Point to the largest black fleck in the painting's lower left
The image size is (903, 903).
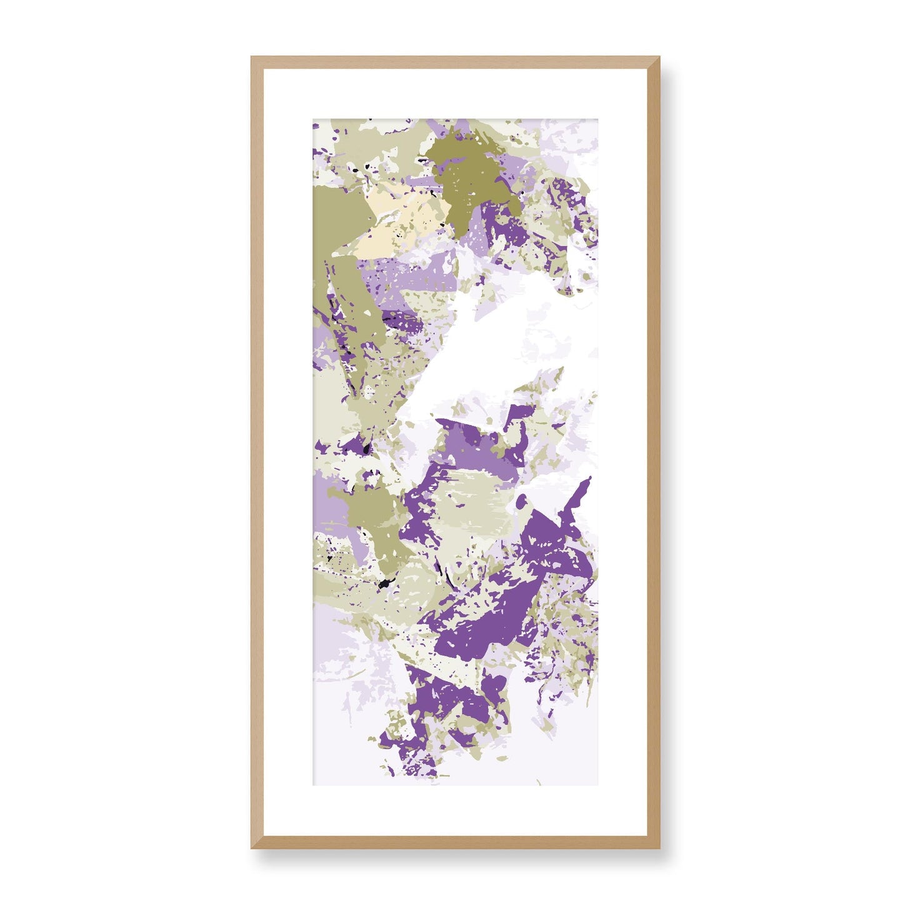click(x=383, y=584)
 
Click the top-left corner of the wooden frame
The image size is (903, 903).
click(x=252, y=57)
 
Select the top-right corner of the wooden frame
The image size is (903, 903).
click(x=660, y=57)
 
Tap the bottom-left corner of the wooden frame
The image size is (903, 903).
click(x=252, y=848)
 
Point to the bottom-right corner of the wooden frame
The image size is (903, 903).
click(x=660, y=848)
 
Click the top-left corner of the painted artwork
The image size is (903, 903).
click(x=314, y=119)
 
